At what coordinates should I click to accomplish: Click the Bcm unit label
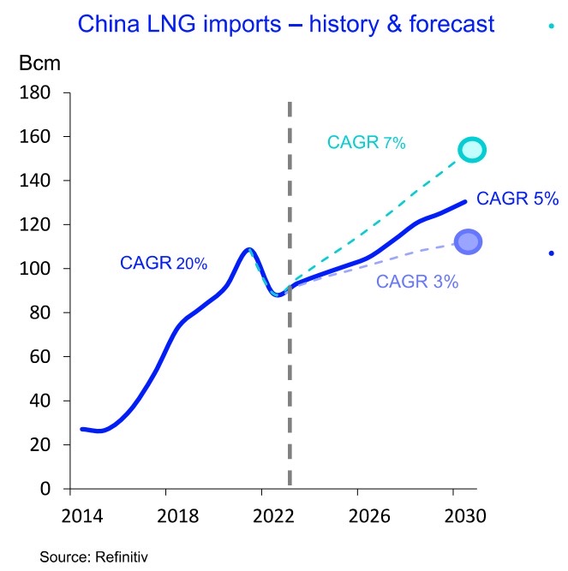pyautogui.click(x=36, y=64)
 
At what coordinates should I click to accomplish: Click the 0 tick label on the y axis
pyautogui.click(x=46, y=489)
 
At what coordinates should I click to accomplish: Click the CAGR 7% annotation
pyautogui.click(x=367, y=143)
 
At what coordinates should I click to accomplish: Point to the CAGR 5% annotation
pyautogui.click(x=517, y=199)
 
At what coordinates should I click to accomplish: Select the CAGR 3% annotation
pyautogui.click(x=417, y=281)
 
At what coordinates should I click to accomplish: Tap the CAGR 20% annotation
pyautogui.click(x=164, y=264)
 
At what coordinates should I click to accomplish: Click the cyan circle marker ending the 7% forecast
pyautogui.click(x=472, y=150)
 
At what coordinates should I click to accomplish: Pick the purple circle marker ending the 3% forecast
pyautogui.click(x=468, y=242)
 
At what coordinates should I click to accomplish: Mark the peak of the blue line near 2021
pyautogui.click(x=248, y=249)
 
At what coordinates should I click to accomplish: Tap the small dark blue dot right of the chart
pyautogui.click(x=551, y=253)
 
